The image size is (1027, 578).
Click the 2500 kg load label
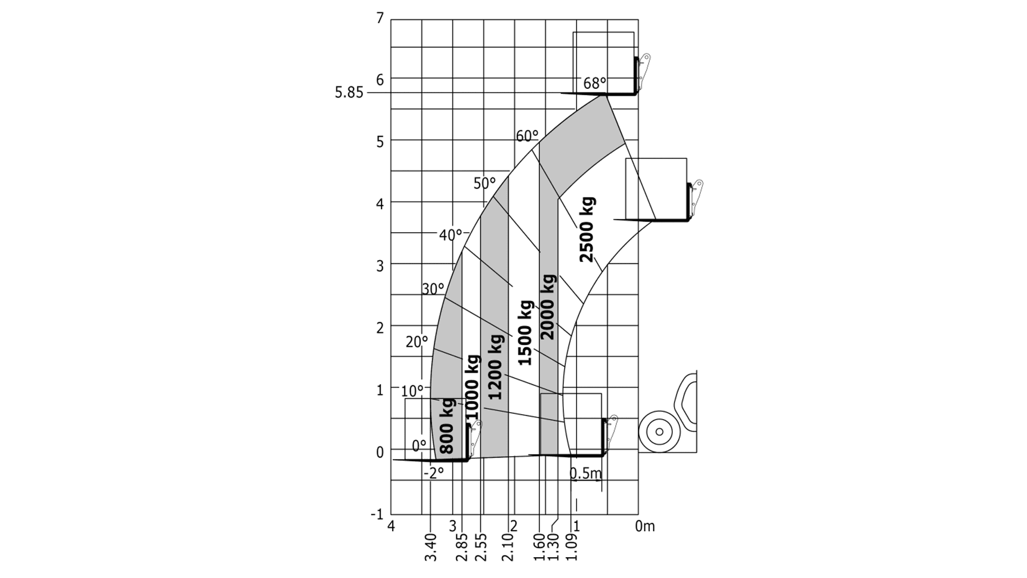tap(587, 230)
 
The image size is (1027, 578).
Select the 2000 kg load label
tap(548, 307)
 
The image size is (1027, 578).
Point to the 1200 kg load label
tap(495, 367)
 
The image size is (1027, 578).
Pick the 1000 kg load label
tap(472, 387)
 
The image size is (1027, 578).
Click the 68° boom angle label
tap(595, 83)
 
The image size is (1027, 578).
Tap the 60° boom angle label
tap(527, 136)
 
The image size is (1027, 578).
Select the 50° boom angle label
tap(485, 183)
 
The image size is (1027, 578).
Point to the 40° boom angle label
tap(450, 235)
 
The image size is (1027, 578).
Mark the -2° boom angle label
tap(434, 473)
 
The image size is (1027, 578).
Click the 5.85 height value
tap(349, 93)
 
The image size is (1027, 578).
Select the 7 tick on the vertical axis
tap(380, 18)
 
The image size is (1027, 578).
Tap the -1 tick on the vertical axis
tap(377, 514)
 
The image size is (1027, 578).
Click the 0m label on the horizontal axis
tap(645, 526)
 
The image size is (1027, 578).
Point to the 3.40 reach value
tap(431, 547)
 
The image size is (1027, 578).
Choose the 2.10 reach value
tap(508, 547)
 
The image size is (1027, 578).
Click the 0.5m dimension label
tap(586, 473)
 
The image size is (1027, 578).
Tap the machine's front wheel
tap(660, 431)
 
